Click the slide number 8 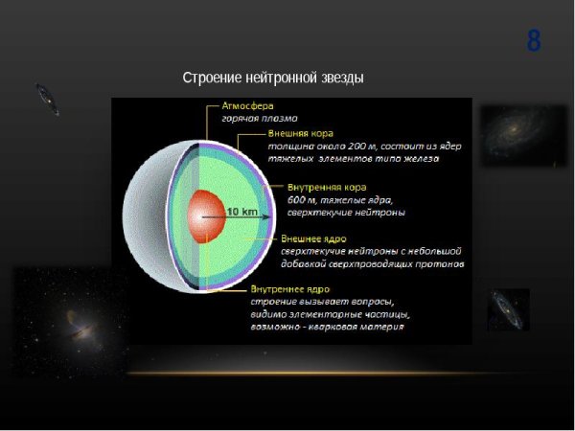coord(534,42)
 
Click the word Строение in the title coord(212,78)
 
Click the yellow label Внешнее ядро coord(313,238)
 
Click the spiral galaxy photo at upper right coord(522,134)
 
